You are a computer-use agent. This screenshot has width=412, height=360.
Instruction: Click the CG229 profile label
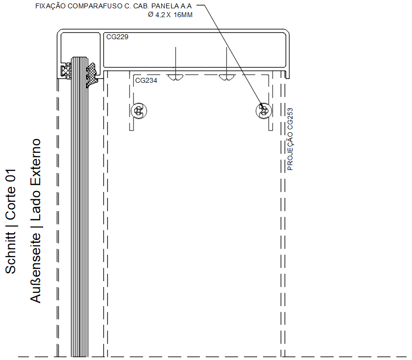(117, 37)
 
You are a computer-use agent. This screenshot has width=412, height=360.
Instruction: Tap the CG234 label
(146, 80)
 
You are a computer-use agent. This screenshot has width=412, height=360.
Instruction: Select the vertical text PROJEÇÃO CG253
(290, 139)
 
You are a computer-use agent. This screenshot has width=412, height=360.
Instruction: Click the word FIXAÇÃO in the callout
(50, 6)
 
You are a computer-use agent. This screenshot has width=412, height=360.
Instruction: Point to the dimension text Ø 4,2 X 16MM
(170, 15)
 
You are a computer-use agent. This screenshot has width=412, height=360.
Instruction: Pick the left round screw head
(139, 111)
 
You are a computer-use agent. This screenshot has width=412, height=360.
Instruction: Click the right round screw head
(264, 111)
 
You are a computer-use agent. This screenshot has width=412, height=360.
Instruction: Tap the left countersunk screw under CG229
(175, 77)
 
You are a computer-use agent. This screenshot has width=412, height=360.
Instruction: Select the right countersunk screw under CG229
(226, 77)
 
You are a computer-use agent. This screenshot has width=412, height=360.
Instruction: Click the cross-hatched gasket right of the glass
(92, 75)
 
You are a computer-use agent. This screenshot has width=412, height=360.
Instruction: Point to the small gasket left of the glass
(66, 71)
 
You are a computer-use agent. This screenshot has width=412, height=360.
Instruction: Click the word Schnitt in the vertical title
(11, 253)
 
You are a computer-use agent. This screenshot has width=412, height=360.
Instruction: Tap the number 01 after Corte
(11, 175)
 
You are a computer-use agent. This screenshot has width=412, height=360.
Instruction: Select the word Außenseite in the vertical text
(35, 268)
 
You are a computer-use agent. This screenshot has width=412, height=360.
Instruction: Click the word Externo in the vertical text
(35, 160)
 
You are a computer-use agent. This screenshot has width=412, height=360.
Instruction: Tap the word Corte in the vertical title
(11, 203)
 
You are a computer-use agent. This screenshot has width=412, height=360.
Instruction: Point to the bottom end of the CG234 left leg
(132, 130)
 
